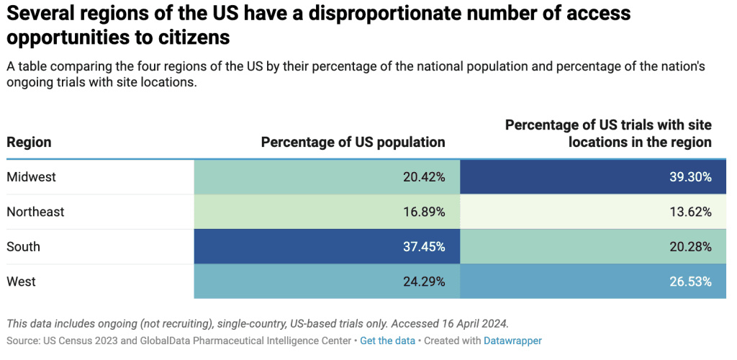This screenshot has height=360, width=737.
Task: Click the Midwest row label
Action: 31,177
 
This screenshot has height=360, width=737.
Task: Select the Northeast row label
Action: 35,212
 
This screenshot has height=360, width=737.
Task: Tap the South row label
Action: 23,246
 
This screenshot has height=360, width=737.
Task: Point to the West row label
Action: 22,282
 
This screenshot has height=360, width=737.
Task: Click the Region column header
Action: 29,142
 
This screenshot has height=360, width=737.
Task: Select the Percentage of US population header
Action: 353,142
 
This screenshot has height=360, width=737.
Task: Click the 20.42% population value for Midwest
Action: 424,177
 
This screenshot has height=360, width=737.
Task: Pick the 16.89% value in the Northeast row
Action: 424,212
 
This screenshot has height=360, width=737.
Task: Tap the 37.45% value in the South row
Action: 424,246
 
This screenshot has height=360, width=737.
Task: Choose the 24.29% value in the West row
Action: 424,282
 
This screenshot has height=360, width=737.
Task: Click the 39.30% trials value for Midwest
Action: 690,177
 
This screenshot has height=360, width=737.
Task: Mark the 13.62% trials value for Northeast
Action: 690,212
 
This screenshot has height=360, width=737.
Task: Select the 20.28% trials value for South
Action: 690,246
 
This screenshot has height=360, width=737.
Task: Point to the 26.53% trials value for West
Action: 690,282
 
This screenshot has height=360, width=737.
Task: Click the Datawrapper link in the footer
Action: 512,341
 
